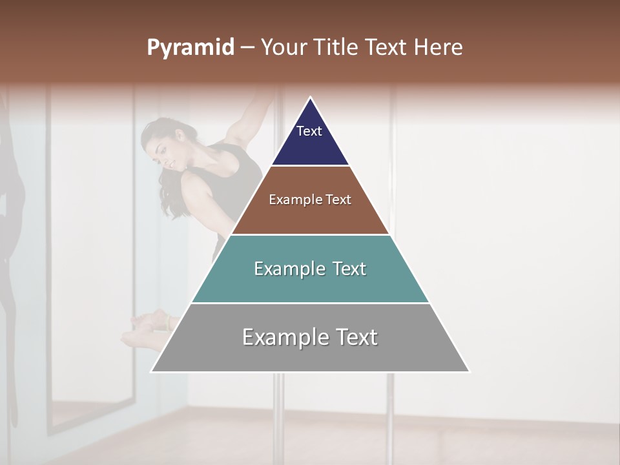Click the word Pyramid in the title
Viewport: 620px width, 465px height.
(x=191, y=48)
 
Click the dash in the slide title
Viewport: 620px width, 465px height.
(x=247, y=48)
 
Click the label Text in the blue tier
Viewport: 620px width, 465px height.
(x=309, y=131)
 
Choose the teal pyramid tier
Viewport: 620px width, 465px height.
(x=310, y=284)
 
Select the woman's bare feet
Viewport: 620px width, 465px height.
(x=145, y=329)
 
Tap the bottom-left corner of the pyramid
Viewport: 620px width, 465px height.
(x=152, y=371)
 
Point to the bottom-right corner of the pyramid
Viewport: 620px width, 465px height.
(x=469, y=371)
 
